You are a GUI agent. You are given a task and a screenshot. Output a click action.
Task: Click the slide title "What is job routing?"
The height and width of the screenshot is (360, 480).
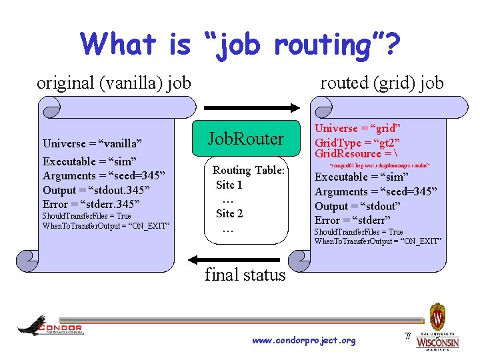pos(240,45)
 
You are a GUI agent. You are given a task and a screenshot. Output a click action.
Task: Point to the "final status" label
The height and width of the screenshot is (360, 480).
pos(245,275)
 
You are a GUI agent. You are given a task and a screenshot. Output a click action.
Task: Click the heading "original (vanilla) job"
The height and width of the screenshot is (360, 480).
pos(114,83)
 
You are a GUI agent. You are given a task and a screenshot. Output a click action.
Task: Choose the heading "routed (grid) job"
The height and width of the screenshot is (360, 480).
pos(381,83)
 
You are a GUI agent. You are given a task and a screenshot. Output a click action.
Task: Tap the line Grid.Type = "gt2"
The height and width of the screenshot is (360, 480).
pos(357,143)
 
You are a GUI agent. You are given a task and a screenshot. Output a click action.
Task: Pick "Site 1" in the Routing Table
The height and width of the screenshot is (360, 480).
pos(229,185)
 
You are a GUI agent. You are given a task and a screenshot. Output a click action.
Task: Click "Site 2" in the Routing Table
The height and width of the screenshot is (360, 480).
pos(229,213)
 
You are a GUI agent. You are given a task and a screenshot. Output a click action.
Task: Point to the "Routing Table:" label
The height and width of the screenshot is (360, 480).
pos(249,171)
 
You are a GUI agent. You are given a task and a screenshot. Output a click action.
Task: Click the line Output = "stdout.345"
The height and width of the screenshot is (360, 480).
pos(96,190)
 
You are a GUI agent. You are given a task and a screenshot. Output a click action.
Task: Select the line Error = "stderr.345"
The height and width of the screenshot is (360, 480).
pos(91,204)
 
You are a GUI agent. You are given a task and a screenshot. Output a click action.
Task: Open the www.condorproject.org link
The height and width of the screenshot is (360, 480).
pos(304,341)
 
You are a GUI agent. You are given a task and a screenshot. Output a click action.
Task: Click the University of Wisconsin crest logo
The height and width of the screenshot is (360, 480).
pos(437,327)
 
